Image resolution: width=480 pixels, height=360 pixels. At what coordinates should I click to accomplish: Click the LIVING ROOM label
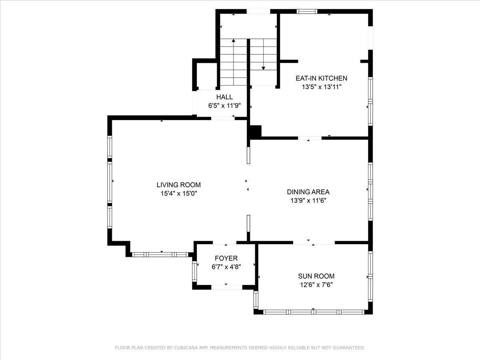[178, 185]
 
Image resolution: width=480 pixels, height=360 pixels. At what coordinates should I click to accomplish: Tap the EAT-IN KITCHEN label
[322, 78]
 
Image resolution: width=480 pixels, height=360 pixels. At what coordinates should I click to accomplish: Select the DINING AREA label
[308, 192]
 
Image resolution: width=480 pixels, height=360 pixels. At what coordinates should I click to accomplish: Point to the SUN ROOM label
[316, 276]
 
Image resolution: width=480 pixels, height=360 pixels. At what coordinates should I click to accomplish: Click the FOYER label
[226, 258]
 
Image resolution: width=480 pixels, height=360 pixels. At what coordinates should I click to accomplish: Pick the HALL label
[224, 97]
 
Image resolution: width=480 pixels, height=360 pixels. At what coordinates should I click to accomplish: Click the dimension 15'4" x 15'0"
[179, 194]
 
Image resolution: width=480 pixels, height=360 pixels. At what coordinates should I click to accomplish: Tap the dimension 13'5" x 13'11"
[322, 87]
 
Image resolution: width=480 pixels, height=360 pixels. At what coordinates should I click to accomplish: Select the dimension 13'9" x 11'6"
[308, 200]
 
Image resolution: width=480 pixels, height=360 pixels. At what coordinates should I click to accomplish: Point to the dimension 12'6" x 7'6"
[316, 285]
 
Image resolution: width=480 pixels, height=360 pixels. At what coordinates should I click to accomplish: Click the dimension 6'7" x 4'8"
[226, 267]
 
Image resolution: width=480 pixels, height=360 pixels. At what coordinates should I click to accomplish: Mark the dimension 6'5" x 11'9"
[224, 106]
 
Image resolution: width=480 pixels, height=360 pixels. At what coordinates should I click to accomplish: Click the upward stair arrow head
[234, 40]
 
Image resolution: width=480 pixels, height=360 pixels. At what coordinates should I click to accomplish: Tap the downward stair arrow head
[263, 68]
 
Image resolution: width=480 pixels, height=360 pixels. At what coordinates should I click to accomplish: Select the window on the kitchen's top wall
[307, 12]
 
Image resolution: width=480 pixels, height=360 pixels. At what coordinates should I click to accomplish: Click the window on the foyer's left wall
[194, 272]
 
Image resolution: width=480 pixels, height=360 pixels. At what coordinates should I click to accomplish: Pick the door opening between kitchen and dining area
[310, 138]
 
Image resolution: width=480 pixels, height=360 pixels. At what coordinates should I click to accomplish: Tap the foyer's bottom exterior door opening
[227, 287]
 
